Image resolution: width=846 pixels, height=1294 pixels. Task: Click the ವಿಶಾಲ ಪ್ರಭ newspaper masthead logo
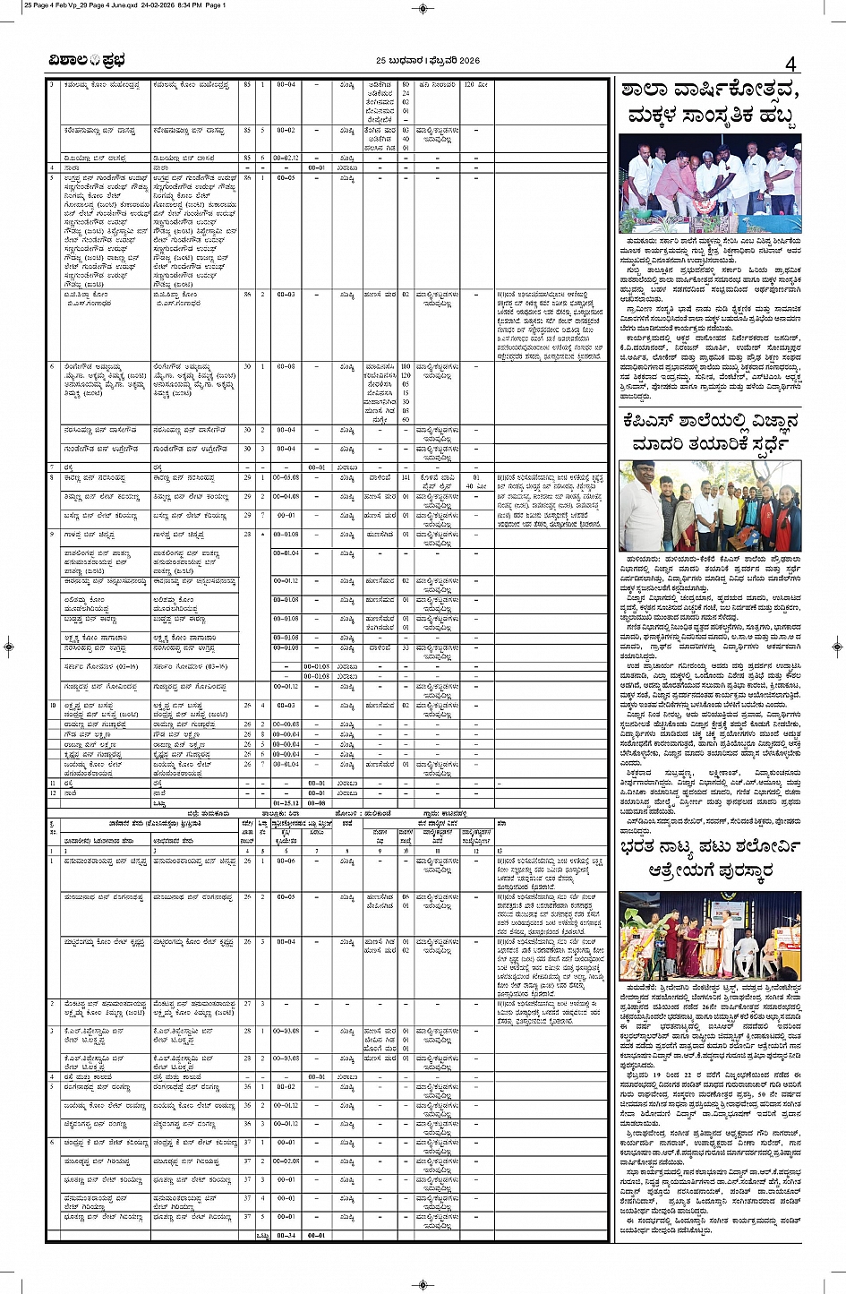click(87, 61)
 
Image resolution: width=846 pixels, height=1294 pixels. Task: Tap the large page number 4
click(790, 64)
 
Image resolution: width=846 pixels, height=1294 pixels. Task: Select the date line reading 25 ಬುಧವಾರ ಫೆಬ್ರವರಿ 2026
click(423, 61)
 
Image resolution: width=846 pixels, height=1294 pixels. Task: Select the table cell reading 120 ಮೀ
click(474, 84)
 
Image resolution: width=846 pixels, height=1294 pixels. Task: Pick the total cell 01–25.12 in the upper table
click(286, 803)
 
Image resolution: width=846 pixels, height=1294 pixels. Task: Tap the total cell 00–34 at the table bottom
click(286, 1235)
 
